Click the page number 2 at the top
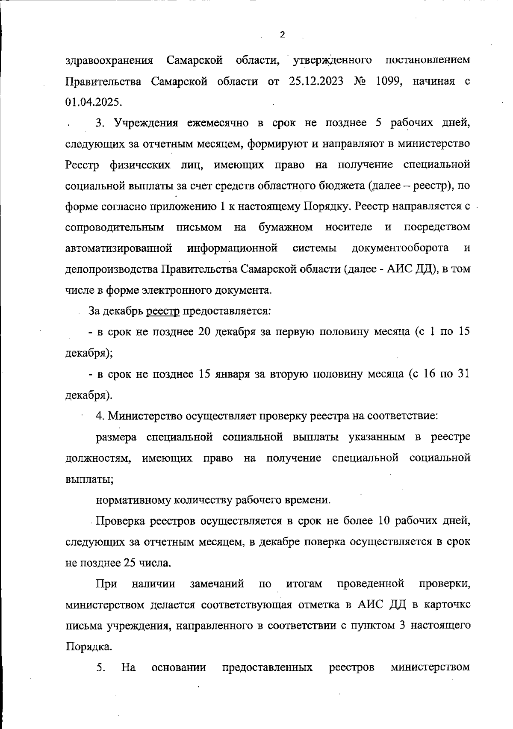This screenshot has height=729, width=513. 282,35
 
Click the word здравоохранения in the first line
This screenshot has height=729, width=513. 109,61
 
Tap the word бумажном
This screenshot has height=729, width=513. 286,227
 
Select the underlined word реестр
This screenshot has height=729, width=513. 163,311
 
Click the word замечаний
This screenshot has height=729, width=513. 217,584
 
